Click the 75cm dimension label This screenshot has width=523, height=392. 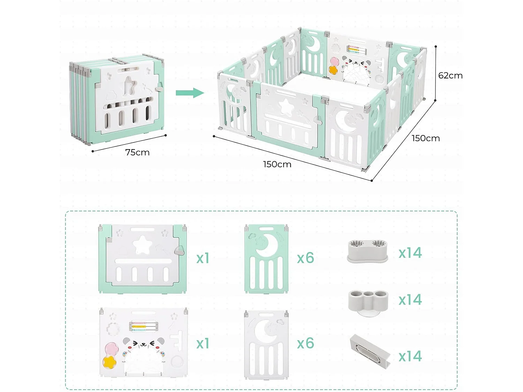pyautogui.click(x=137, y=152)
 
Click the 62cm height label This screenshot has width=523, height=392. pyautogui.click(x=450, y=76)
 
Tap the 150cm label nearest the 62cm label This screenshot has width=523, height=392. pyautogui.click(x=425, y=138)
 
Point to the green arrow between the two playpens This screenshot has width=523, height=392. pyautogui.click(x=190, y=93)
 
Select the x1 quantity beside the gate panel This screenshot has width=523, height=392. pyautogui.click(x=203, y=258)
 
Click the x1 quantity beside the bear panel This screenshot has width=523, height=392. pyautogui.click(x=203, y=344)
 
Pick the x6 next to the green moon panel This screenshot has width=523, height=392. pyautogui.click(x=305, y=258)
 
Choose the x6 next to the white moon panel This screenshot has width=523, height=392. pyautogui.click(x=305, y=344)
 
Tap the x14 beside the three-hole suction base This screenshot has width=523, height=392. pyautogui.click(x=410, y=300)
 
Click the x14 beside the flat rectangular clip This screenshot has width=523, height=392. pyautogui.click(x=410, y=356)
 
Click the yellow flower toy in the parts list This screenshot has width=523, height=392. pyautogui.click(x=110, y=362)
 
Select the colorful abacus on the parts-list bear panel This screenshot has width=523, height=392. pyautogui.click(x=143, y=326)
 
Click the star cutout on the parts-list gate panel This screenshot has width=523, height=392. pyautogui.click(x=143, y=245)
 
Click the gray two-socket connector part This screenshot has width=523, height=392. pyautogui.click(x=367, y=251)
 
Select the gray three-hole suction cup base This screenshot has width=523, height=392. pyautogui.click(x=368, y=302)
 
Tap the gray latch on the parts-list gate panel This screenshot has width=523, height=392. pyautogui.click(x=180, y=250)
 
